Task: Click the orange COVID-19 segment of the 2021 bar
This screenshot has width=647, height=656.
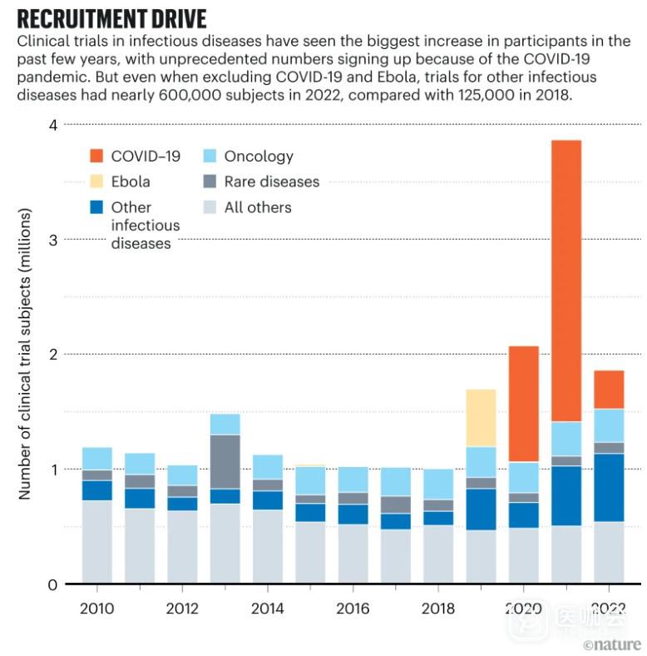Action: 566,281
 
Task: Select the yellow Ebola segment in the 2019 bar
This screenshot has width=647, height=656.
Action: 481,418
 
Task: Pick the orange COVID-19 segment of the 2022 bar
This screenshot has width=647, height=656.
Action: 609,390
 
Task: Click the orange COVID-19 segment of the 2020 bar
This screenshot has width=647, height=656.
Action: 524,404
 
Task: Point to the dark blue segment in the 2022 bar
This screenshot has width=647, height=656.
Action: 609,487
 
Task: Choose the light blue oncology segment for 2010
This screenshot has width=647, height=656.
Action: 96,459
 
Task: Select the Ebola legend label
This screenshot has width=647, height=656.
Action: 131,181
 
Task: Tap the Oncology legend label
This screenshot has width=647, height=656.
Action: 259,156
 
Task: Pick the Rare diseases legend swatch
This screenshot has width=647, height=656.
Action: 210,181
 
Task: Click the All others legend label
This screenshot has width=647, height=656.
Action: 258,207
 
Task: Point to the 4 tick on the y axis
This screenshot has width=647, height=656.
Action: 52,125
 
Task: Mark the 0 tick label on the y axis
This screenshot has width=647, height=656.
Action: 52,584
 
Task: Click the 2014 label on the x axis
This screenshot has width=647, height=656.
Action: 267,609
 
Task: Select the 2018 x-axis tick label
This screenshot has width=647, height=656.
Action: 438,609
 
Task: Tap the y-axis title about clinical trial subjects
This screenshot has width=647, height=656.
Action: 25,354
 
